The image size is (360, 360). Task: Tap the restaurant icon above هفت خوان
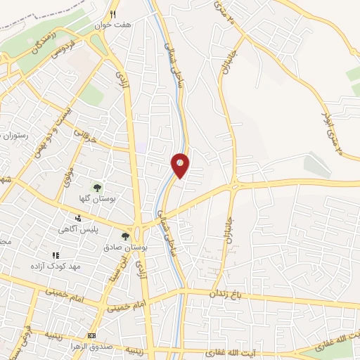(x=113, y=13)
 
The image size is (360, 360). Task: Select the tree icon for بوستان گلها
(x=96, y=186)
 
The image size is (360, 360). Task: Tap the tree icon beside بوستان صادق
(x=125, y=237)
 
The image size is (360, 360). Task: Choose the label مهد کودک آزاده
(x=49, y=266)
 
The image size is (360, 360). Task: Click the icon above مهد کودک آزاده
(x=55, y=256)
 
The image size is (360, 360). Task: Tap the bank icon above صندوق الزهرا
(x=91, y=335)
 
